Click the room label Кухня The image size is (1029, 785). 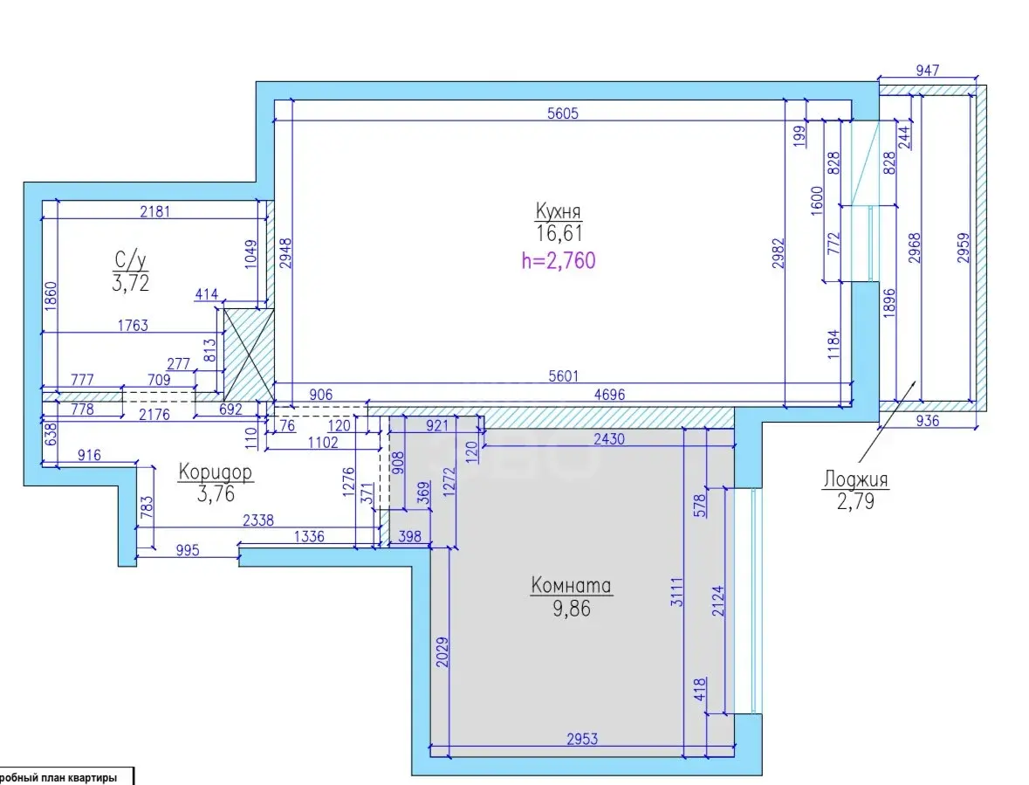[558, 211]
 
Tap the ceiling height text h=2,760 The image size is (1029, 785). [559, 260]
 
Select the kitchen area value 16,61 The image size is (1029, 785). [559, 233]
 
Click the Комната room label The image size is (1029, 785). [571, 585]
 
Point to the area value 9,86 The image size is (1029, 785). [572, 609]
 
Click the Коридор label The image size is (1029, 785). [216, 472]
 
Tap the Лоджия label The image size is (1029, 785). [855, 479]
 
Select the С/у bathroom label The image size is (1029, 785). [130, 260]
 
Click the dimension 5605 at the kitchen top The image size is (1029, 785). [563, 113]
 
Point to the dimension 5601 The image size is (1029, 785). [564, 375]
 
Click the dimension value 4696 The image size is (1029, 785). [609, 395]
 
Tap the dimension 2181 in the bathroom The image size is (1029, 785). [154, 211]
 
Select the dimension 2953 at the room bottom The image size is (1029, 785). [582, 739]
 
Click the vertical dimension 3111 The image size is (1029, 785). [676, 591]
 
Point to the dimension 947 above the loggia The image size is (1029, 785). [927, 70]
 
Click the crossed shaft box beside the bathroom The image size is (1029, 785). [249, 355]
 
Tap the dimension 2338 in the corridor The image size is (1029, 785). [258, 520]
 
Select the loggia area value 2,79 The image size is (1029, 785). [855, 501]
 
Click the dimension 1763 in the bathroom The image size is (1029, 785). [133, 325]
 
